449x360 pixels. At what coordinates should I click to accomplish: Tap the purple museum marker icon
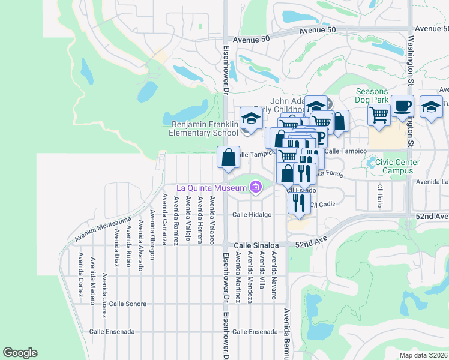coord(256,188)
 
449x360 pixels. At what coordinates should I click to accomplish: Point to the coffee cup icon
coord(403,106)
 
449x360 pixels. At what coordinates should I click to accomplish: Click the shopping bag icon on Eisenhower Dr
coord(228,158)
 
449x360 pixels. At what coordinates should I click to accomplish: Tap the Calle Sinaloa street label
coord(256,245)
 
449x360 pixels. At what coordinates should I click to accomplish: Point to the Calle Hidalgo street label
coord(252,214)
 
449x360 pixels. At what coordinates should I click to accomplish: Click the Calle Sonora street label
coord(127,304)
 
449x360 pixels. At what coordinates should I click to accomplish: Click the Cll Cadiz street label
coord(323,205)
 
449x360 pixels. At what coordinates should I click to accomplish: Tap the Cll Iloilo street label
coord(380,196)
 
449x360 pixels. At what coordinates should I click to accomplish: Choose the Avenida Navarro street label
coord(274,275)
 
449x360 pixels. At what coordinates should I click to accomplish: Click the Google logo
coord(20,353)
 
